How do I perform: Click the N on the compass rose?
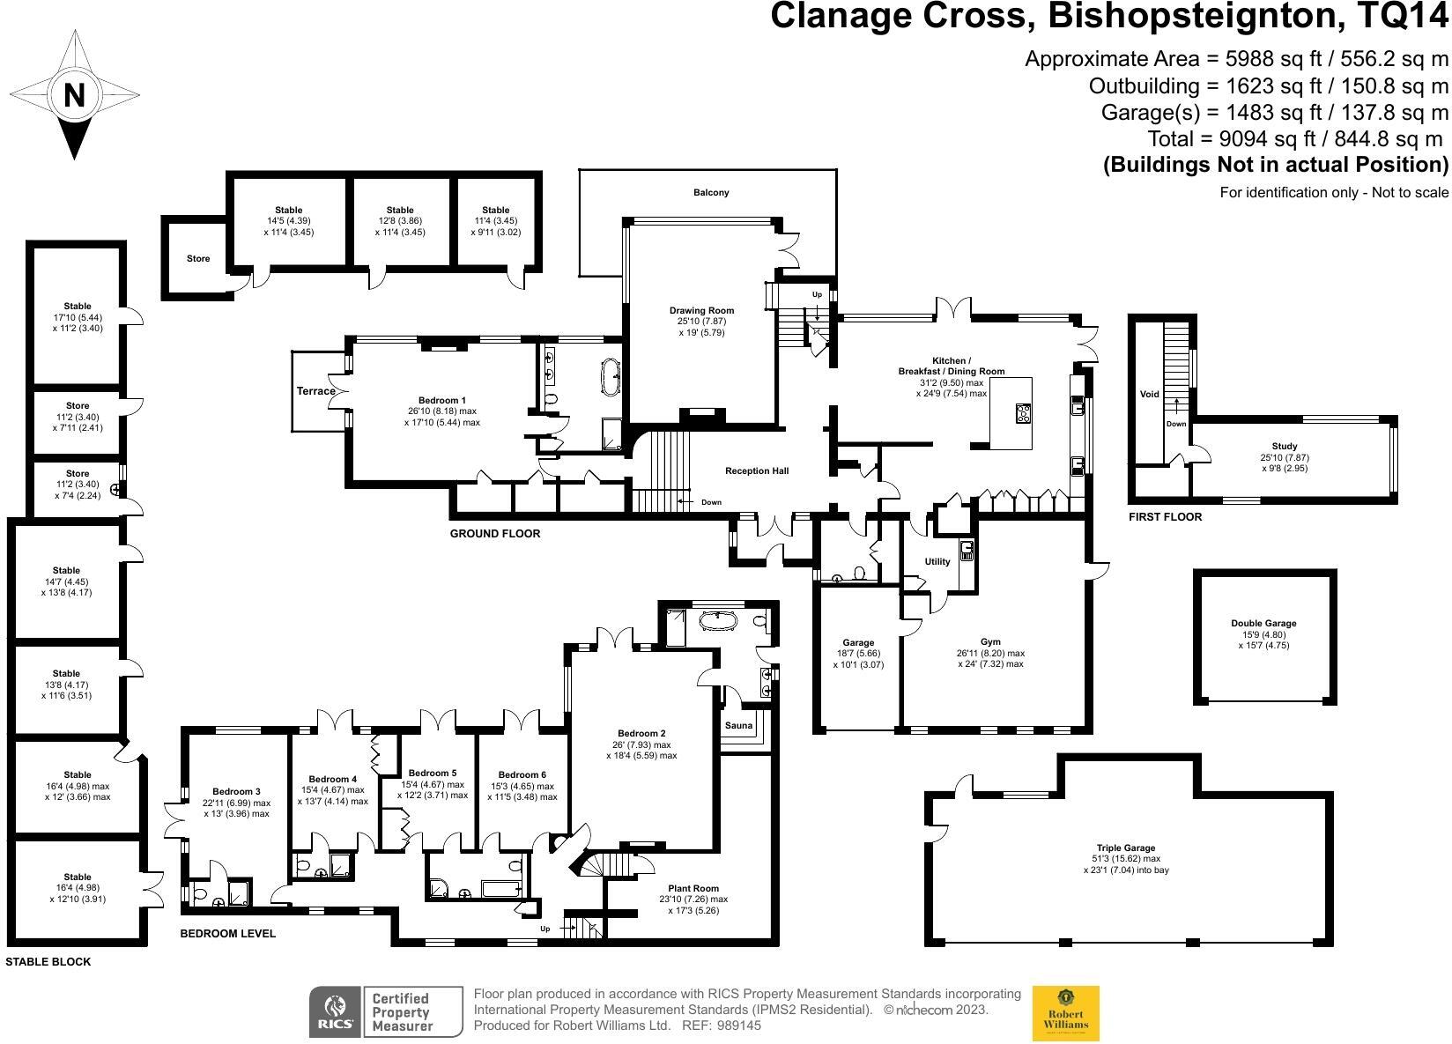(x=74, y=94)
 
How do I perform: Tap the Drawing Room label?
(x=701, y=310)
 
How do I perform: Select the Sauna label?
(x=738, y=726)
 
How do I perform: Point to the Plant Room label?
(x=693, y=888)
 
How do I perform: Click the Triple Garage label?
(x=1126, y=848)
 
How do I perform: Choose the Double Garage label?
(x=1263, y=623)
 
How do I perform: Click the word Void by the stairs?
(x=1149, y=394)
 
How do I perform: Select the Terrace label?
(x=315, y=391)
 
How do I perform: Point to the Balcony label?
(x=711, y=192)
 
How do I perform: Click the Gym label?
(x=990, y=642)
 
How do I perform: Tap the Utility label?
(x=937, y=561)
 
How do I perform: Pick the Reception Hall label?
(x=757, y=470)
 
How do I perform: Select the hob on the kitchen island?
(x=1022, y=414)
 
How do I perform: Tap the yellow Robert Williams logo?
(x=1066, y=1013)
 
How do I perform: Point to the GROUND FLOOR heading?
(x=495, y=534)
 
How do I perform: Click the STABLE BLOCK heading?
(x=48, y=962)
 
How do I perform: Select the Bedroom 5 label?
(x=433, y=773)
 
